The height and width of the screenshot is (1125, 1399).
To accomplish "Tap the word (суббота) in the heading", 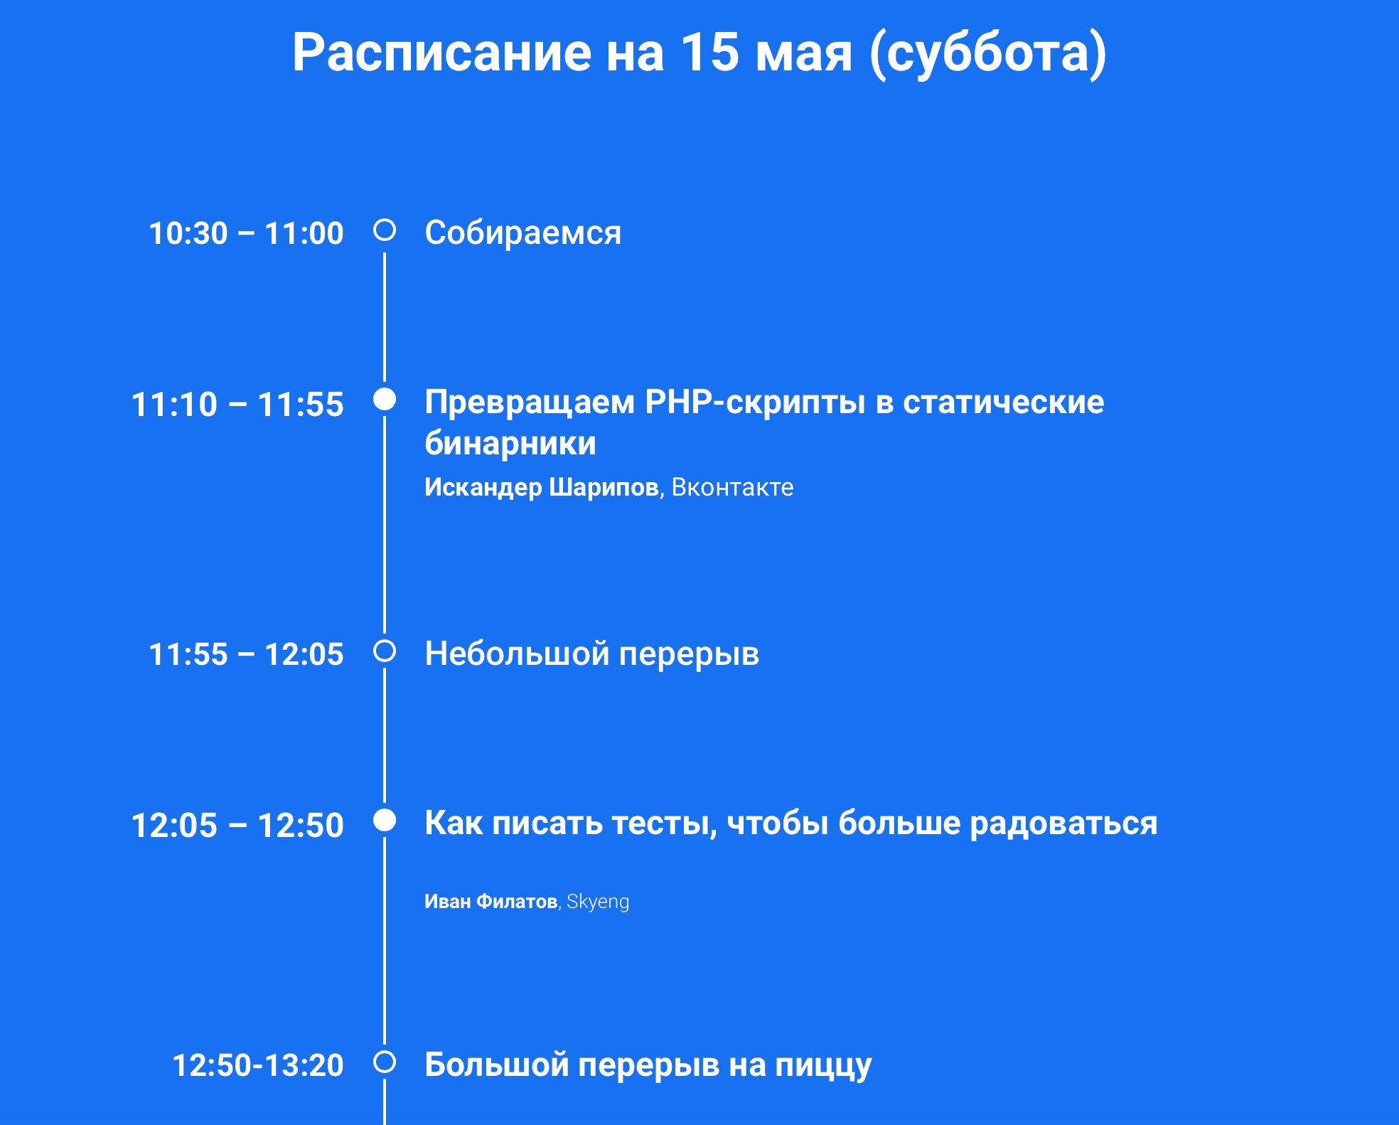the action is [x=987, y=54].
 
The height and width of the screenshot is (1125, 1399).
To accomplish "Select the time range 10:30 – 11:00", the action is [x=246, y=233].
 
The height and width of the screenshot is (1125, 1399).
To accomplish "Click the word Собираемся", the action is [x=522, y=233].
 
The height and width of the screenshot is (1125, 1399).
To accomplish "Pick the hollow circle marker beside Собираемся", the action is [x=385, y=230].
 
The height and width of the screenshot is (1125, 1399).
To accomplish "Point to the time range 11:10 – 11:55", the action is [x=237, y=404].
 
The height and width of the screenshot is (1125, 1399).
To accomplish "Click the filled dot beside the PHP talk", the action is [x=385, y=399].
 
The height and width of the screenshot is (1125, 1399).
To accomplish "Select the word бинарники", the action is [x=510, y=444].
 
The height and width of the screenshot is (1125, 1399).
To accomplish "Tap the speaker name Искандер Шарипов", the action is [x=542, y=487].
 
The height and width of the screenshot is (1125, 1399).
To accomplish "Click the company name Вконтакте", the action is [x=732, y=487].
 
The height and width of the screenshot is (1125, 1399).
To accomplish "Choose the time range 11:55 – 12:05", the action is [x=246, y=654].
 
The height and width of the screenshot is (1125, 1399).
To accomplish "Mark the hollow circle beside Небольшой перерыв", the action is [x=385, y=651].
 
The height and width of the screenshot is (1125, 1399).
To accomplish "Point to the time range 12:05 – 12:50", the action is [x=237, y=825].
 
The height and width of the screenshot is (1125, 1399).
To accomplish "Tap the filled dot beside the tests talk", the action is [x=385, y=820].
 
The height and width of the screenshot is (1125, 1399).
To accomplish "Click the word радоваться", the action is [x=1063, y=823].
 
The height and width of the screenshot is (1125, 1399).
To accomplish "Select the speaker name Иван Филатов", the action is [x=491, y=901].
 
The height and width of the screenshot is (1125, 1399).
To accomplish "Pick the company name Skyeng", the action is [x=598, y=902].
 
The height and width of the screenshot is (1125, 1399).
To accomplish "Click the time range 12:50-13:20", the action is [x=258, y=1065].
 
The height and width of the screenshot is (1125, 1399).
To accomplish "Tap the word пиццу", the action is [x=823, y=1066].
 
